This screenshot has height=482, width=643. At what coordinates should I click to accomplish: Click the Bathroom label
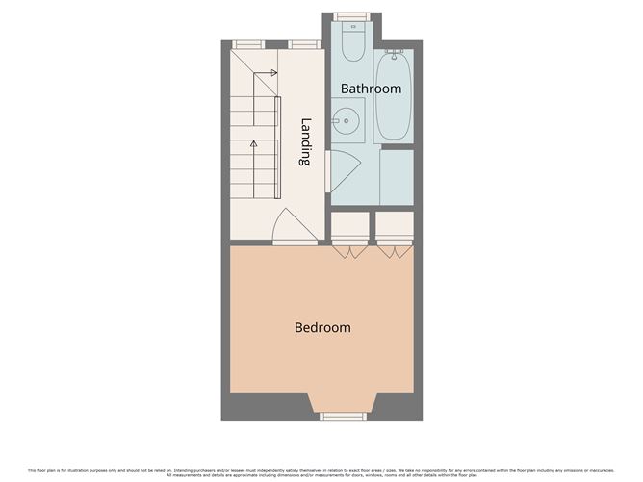pyautogui.click(x=371, y=89)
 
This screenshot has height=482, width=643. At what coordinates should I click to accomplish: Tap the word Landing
pyautogui.click(x=306, y=142)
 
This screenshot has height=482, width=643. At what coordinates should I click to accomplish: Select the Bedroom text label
pyautogui.click(x=322, y=327)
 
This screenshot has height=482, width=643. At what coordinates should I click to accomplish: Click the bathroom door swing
pyautogui.click(x=342, y=171)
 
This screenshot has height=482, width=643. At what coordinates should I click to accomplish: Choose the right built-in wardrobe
pyautogui.click(x=394, y=227)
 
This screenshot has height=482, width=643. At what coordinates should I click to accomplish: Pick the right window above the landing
pyautogui.click(x=305, y=44)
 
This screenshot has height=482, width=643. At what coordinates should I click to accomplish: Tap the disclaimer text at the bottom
pyautogui.click(x=321, y=471)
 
